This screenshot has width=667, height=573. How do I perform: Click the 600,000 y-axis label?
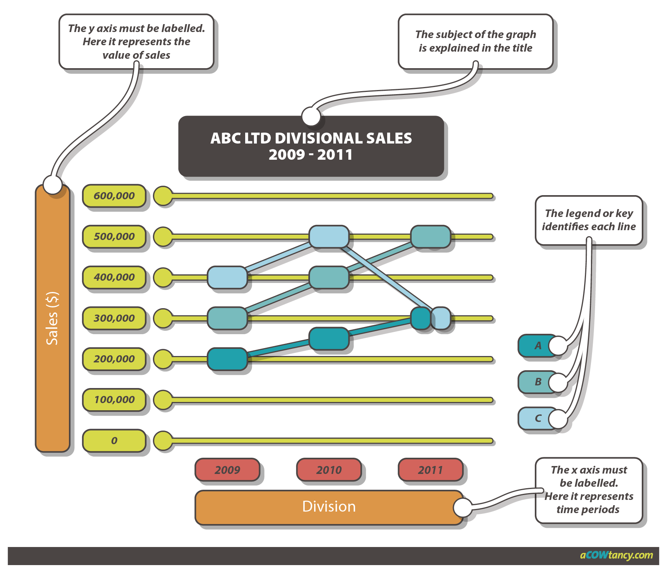(x=114, y=196)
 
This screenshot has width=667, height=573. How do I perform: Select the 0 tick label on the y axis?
(x=114, y=440)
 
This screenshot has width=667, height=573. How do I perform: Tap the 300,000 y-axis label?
(x=114, y=318)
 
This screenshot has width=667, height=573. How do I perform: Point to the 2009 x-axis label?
(x=227, y=470)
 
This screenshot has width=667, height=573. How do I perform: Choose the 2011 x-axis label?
(x=430, y=470)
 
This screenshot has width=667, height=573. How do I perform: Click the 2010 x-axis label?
(x=329, y=470)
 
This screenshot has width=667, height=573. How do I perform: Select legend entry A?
(x=537, y=345)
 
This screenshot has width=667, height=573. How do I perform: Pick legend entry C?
(x=537, y=418)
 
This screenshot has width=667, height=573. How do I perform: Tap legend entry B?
(x=537, y=382)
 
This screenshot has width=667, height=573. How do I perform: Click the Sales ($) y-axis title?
(x=52, y=318)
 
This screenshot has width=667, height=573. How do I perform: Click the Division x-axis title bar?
(x=329, y=507)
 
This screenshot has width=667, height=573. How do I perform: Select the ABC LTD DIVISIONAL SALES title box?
(x=311, y=147)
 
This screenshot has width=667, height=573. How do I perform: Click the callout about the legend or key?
(x=589, y=220)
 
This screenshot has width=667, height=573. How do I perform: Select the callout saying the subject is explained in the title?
(x=475, y=41)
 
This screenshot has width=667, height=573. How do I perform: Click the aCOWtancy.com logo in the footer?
(x=616, y=555)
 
